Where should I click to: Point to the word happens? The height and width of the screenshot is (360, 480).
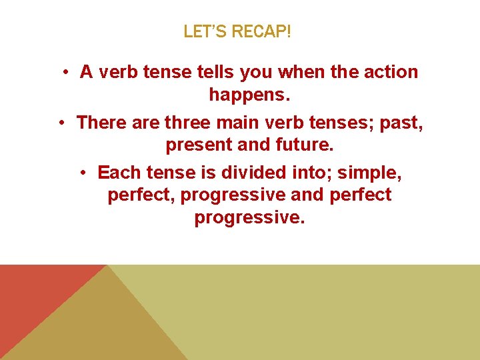250,95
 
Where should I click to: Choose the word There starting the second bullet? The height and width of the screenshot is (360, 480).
99,123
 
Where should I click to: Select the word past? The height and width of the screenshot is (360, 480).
403,123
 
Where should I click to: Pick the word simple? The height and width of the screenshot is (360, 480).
369,173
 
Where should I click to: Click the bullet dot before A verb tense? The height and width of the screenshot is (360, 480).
67,72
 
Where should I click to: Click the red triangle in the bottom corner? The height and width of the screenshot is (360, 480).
33,293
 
